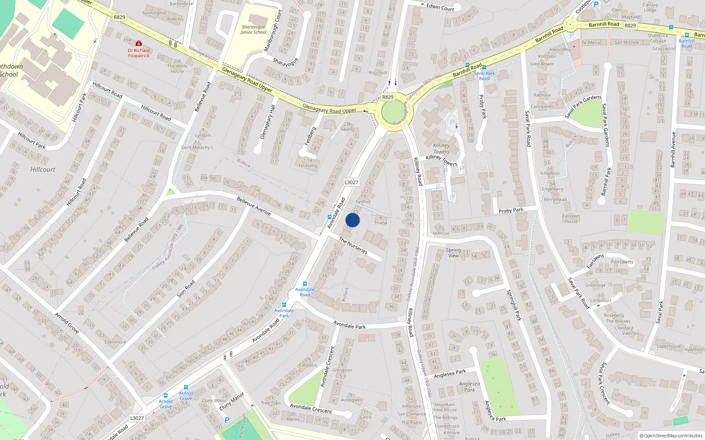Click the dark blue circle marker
pyautogui.click(x=352, y=220)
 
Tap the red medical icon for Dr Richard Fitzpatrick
pyautogui.click(x=139, y=44)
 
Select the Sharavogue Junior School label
pyautogui.click(x=253, y=29)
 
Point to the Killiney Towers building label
pyautogui.click(x=441, y=148)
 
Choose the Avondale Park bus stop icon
pyautogui.click(x=284, y=304)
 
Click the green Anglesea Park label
pyautogui.click(x=469, y=386)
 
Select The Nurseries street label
pyautogui.click(x=353, y=245)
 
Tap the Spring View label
pyautogui.click(x=453, y=253)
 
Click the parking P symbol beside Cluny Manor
pyautogui.click(x=227, y=420)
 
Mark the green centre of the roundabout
pyautogui.click(x=394, y=112)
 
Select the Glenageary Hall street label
pyautogui.click(x=267, y=122)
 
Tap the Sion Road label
pyautogui.click(x=186, y=289)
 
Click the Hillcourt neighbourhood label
pyautogui.click(x=43, y=169)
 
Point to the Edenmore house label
pyautogui.click(x=115, y=342)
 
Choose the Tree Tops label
pyautogui.click(x=271, y=403)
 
